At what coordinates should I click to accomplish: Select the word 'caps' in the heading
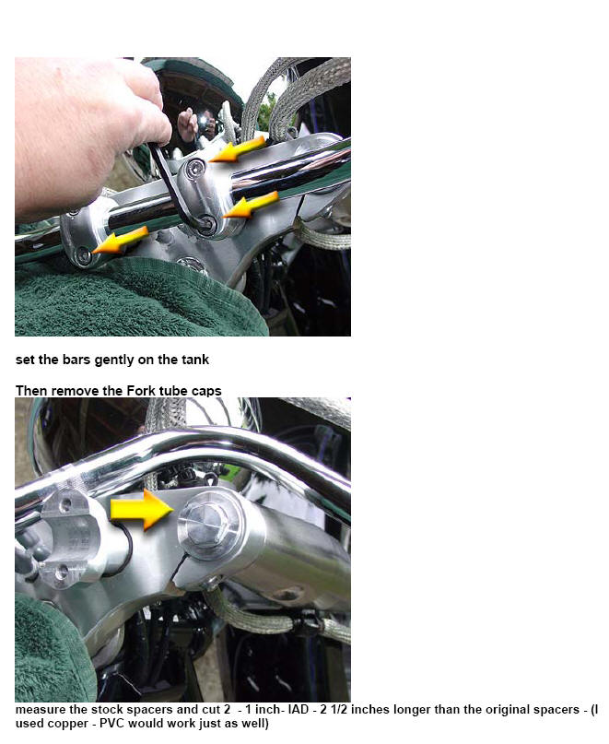pyautogui.click(x=206, y=392)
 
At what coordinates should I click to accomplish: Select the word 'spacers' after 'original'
pyautogui.click(x=556, y=710)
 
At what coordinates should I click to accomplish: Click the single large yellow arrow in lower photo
pyautogui.click(x=142, y=510)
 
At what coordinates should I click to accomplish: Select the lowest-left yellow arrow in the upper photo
pyautogui.click(x=120, y=240)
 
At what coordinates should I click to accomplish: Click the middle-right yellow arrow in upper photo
pyautogui.click(x=250, y=205)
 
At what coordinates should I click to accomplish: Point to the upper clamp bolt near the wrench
pyautogui.click(x=194, y=167)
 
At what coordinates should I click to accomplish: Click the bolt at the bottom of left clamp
pyautogui.click(x=84, y=255)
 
